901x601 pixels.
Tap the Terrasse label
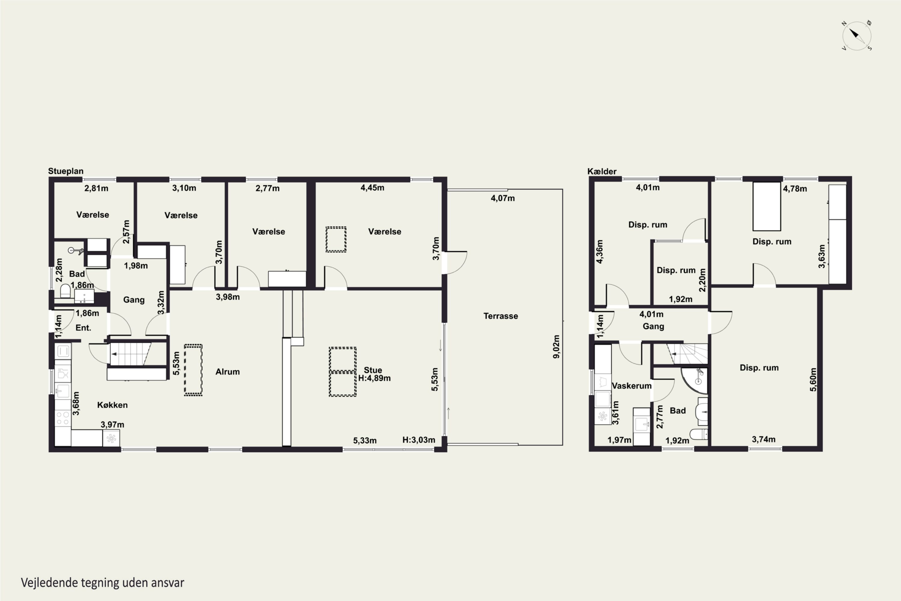click(x=500, y=316)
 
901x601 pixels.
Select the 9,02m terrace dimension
click(x=556, y=346)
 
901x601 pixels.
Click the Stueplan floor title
click(x=65, y=171)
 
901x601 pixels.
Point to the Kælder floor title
click(x=602, y=171)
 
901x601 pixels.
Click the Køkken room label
click(x=112, y=405)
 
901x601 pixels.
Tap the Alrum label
click(x=228, y=371)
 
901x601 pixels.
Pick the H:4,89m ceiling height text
click(x=374, y=378)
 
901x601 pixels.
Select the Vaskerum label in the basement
click(x=631, y=386)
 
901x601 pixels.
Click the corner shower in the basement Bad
click(x=694, y=380)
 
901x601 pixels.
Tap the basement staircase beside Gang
click(x=687, y=354)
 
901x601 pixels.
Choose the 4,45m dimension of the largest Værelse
click(x=372, y=188)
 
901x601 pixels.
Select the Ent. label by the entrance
click(x=83, y=328)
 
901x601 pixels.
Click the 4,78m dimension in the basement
click(x=795, y=189)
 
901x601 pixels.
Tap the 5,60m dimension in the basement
click(x=813, y=380)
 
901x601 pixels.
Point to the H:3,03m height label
click(x=419, y=440)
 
